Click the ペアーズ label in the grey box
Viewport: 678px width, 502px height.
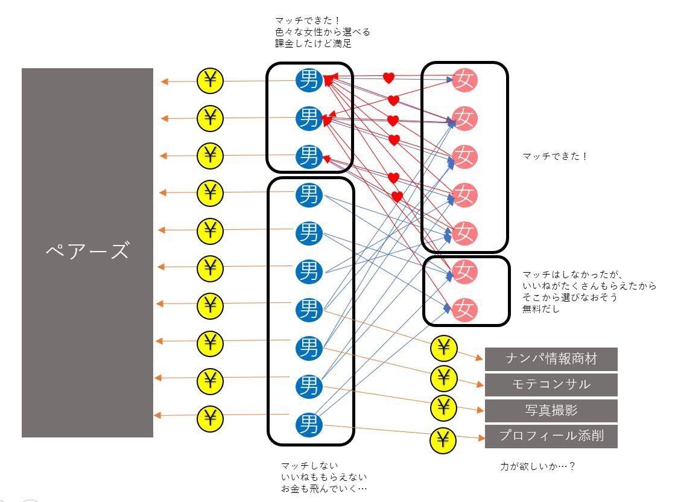(87, 250)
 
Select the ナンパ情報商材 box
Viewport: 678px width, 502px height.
(551, 359)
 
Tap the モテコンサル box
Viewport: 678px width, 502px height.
(551, 384)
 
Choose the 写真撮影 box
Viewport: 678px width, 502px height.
(551, 410)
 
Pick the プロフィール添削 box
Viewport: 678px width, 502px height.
(551, 436)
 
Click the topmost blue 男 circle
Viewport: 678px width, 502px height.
(309, 80)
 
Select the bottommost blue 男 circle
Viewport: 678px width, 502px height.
(309, 424)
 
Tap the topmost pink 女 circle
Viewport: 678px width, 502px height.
(464, 80)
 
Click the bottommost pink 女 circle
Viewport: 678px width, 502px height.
(464, 310)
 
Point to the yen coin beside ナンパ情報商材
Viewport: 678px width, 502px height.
(443, 348)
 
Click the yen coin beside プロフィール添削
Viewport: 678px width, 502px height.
(443, 440)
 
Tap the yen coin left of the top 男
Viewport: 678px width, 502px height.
(210, 80)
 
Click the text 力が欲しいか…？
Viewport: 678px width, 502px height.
(537, 466)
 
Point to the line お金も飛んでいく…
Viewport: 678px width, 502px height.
(323, 488)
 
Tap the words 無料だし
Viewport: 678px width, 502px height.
(541, 310)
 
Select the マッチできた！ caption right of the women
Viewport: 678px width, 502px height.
(555, 156)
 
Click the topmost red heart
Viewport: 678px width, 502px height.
(388, 78)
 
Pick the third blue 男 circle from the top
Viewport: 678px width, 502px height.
(309, 156)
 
